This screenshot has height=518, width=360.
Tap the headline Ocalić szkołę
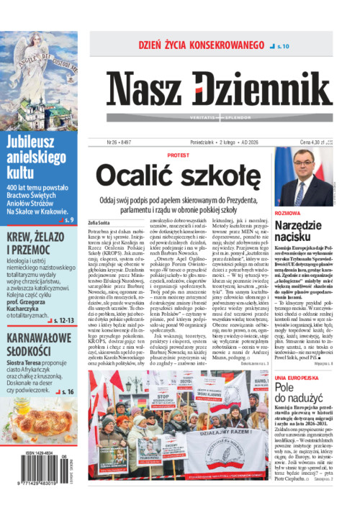pyautogui.click(x=178, y=175)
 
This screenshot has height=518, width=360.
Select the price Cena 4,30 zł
pyautogui.click(x=315, y=142)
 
